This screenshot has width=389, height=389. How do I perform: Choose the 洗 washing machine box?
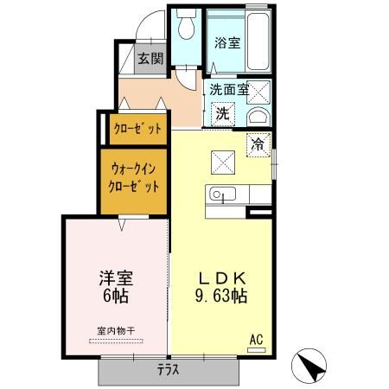(222, 112)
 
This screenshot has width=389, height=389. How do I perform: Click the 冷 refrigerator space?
(258, 144)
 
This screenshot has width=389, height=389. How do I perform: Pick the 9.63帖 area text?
(220, 297)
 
